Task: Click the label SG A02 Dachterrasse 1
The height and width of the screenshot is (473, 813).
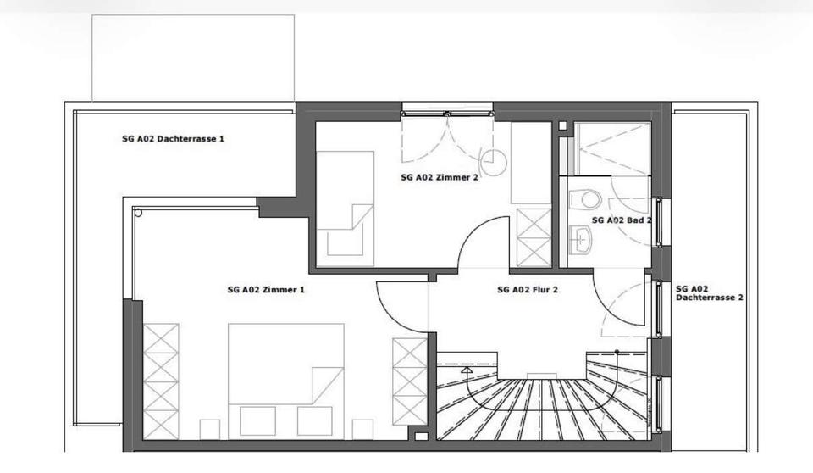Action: pos(173,138)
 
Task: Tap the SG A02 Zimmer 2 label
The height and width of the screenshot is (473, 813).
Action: pos(440,178)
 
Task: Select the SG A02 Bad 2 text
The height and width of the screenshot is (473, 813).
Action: pos(622,220)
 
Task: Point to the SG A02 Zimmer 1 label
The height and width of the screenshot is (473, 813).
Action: pos(265,289)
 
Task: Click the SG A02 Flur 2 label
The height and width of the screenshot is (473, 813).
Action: pos(527,289)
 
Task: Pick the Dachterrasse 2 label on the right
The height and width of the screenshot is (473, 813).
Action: pos(709,293)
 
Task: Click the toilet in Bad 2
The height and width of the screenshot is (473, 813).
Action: pos(585,200)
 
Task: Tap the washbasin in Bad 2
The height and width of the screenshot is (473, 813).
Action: pos(581,240)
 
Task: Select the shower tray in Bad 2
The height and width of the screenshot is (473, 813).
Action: pos(612,149)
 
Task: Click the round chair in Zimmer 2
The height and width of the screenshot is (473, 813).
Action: pos(492,161)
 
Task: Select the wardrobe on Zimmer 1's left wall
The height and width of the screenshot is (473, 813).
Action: pos(161,381)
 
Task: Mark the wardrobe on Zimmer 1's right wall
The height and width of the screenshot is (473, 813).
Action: pos(409,381)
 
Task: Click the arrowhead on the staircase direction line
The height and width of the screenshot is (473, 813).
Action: pos(466,370)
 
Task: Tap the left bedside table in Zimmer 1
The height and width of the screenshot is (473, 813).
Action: pos(209,429)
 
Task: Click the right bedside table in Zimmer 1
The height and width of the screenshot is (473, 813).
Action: pos(362,429)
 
